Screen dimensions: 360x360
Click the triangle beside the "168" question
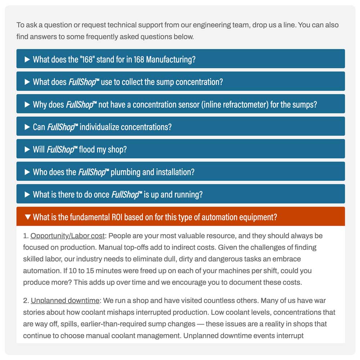[x=27, y=59]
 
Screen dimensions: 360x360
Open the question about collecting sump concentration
[x=128, y=82]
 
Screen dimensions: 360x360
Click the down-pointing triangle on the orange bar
[x=27, y=217]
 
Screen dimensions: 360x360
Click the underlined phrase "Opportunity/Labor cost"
[x=68, y=236]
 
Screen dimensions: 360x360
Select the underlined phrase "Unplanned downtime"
[x=65, y=301]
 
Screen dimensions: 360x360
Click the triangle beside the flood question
[x=27, y=149]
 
